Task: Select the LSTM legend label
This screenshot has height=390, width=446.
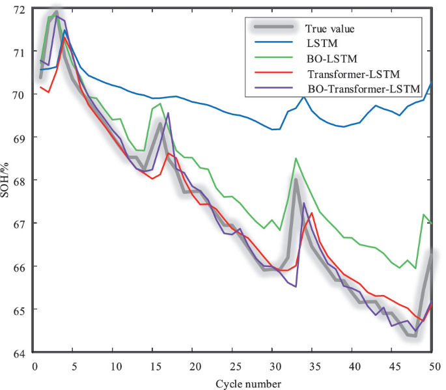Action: (320, 44)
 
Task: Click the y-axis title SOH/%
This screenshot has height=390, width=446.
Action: (7, 181)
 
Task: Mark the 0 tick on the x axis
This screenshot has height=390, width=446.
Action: (34, 366)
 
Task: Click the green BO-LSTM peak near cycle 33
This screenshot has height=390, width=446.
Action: (296, 158)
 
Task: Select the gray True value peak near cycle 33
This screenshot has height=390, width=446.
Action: (296, 180)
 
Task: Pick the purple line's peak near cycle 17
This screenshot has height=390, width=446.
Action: (169, 113)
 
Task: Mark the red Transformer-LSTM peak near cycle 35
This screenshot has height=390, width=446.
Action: (312, 213)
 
